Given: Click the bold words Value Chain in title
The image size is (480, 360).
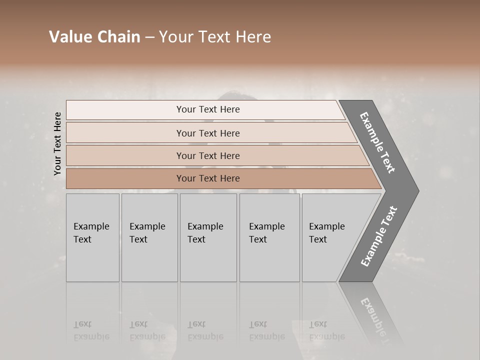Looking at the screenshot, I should [94, 37].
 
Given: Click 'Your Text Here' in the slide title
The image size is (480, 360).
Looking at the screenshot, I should [215, 37].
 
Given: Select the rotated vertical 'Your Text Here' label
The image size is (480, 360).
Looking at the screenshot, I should [57, 144].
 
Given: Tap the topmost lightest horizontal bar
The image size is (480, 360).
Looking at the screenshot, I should [208, 109].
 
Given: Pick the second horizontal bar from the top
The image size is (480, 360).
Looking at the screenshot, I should [208, 133].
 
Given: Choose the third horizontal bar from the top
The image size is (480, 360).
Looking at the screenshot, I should [208, 155].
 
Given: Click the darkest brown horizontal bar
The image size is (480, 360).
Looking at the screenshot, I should [208, 178].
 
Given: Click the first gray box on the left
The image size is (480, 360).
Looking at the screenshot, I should [92, 237].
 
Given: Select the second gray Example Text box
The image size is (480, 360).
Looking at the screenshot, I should [149, 237].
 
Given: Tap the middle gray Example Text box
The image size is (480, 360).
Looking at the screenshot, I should [208, 237].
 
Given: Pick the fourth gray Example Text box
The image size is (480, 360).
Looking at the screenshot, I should [269, 237].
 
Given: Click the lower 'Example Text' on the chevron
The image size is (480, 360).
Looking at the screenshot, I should [378, 236].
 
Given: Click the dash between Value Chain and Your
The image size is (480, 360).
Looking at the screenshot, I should [149, 37].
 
